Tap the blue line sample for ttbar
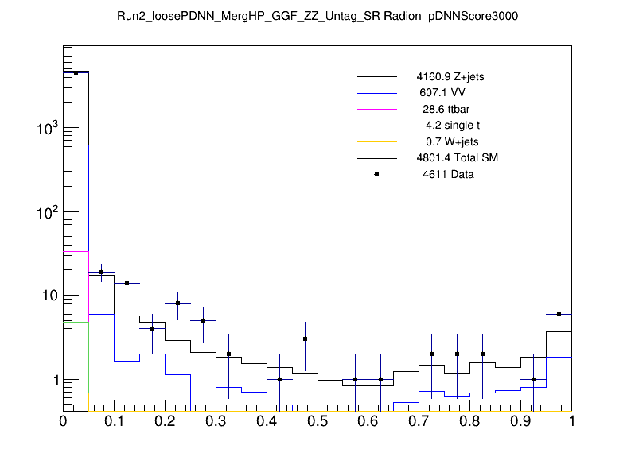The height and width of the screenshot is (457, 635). [376, 109]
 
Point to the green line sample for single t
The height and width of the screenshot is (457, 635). [376, 126]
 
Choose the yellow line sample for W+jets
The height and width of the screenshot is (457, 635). [376, 141]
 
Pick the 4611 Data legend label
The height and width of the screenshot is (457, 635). [448, 174]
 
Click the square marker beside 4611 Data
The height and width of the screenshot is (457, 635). [376, 174]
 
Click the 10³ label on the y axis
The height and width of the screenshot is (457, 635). [47, 128]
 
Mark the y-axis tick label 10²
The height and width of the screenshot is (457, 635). [47, 212]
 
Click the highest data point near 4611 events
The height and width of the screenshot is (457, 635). [76, 72]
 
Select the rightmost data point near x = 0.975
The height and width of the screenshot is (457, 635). [559, 314]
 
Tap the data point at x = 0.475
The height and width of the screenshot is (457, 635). [305, 339]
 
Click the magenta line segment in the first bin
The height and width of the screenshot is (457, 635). [76, 251]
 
